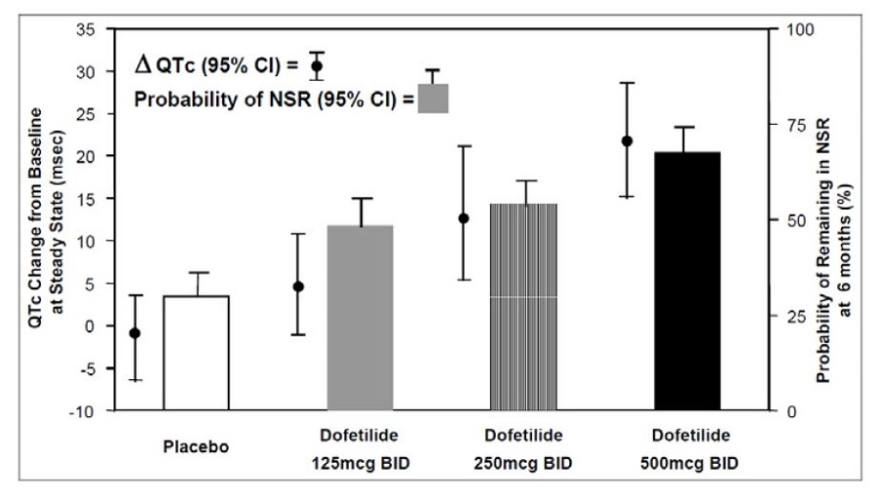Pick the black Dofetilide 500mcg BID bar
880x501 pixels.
click(x=687, y=282)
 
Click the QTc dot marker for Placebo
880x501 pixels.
click(x=135, y=333)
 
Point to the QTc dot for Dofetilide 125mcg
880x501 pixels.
click(x=299, y=287)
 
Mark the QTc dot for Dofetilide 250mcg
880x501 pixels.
click(x=464, y=218)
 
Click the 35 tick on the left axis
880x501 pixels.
click(x=87, y=29)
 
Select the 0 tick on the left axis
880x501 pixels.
click(x=91, y=327)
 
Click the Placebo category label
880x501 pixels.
click(x=196, y=448)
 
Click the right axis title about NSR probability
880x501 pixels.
click(x=834, y=220)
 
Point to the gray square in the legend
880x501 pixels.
click(x=433, y=98)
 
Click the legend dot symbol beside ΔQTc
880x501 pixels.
click(x=317, y=66)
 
